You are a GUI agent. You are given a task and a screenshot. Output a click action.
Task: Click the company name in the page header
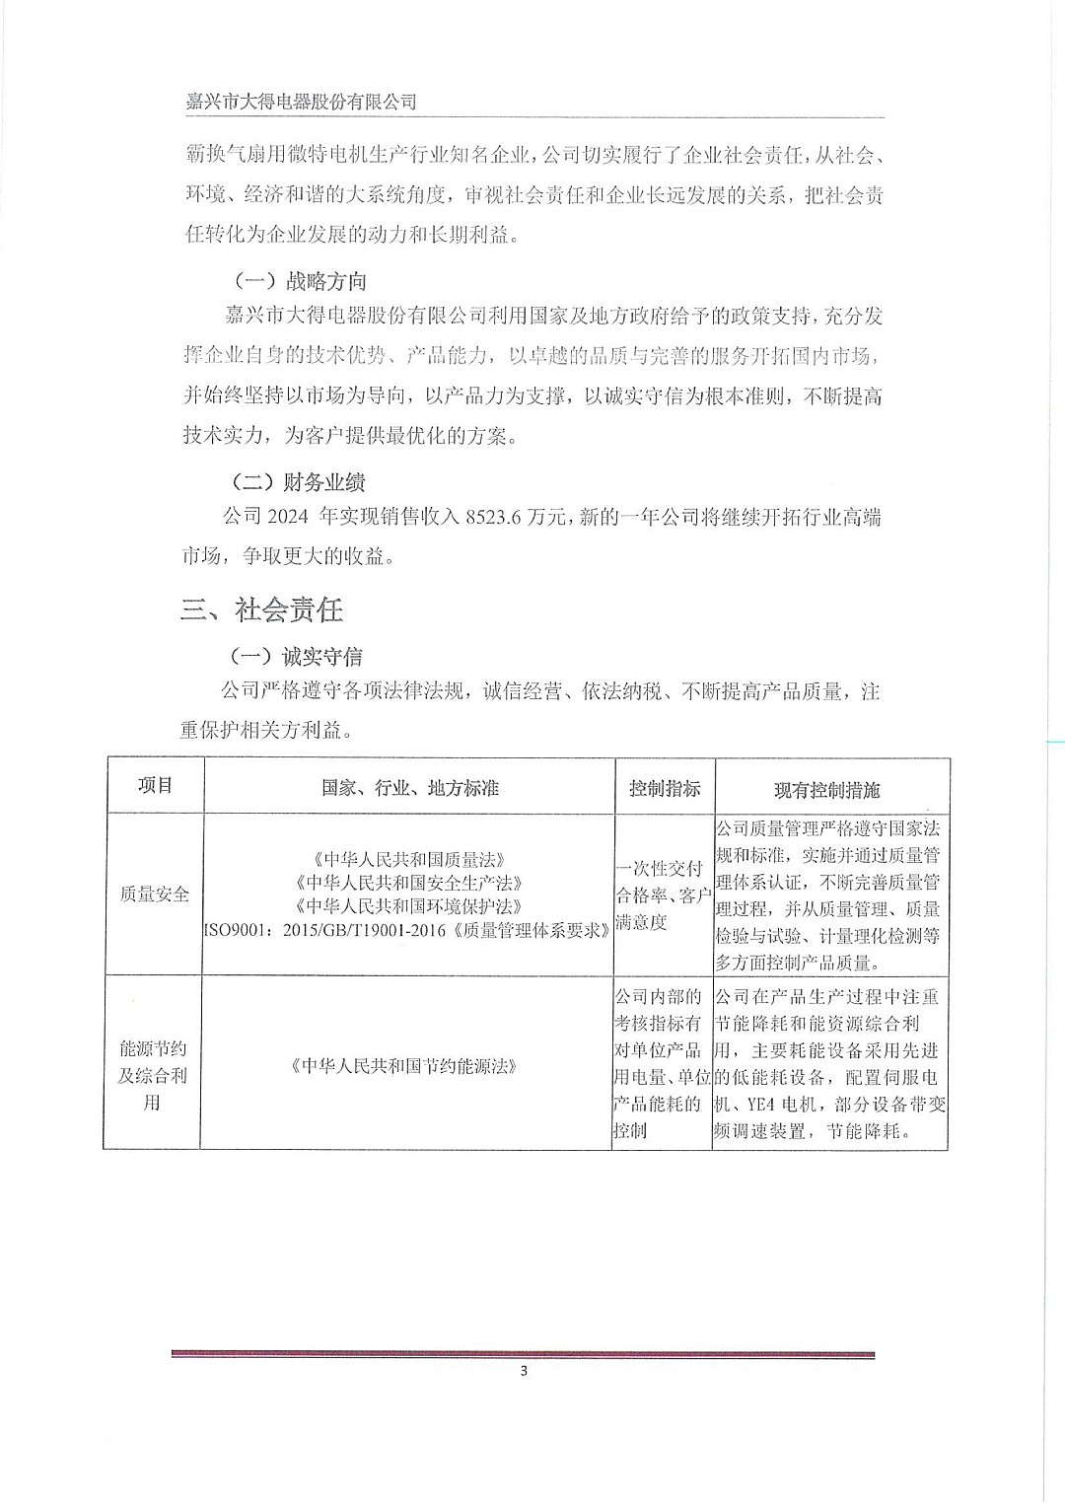point(301,102)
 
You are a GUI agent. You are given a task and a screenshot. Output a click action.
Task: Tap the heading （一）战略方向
point(300,281)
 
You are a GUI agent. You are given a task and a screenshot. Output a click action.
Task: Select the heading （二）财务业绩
point(298,481)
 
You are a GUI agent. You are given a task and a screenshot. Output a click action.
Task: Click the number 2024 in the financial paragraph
point(288,517)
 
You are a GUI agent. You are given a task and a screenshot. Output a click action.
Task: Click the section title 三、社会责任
point(261,609)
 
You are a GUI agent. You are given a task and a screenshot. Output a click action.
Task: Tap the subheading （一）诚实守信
point(296,656)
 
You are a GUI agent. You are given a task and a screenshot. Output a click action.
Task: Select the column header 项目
point(155,785)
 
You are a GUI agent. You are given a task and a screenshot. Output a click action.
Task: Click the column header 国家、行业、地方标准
point(409,787)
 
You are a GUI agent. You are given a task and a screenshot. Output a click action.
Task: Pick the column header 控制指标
point(665,788)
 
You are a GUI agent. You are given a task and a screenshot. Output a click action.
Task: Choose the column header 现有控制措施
point(826,790)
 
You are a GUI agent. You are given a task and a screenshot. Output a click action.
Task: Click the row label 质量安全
point(154,894)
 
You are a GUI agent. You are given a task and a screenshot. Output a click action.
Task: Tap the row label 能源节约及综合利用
point(152,1075)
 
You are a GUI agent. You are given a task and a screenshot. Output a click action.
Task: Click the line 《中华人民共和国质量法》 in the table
point(408,860)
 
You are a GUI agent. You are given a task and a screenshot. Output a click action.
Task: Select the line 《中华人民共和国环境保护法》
point(408,905)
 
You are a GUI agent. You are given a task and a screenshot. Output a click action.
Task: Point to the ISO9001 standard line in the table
point(407,929)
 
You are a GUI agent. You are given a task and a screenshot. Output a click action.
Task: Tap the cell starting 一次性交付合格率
point(663,895)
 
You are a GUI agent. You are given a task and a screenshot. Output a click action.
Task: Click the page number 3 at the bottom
point(524,1371)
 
